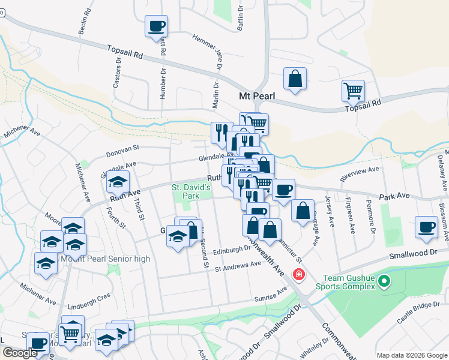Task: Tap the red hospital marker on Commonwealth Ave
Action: click(298, 275)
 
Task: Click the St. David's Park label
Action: click(192, 191)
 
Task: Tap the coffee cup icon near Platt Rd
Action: click(156, 26)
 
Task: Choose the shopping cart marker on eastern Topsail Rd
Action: click(353, 91)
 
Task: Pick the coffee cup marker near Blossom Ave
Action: click(427, 227)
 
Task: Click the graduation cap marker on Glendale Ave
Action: click(118, 182)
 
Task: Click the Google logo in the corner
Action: click(20, 353)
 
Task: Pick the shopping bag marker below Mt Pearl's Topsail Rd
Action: click(295, 79)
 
